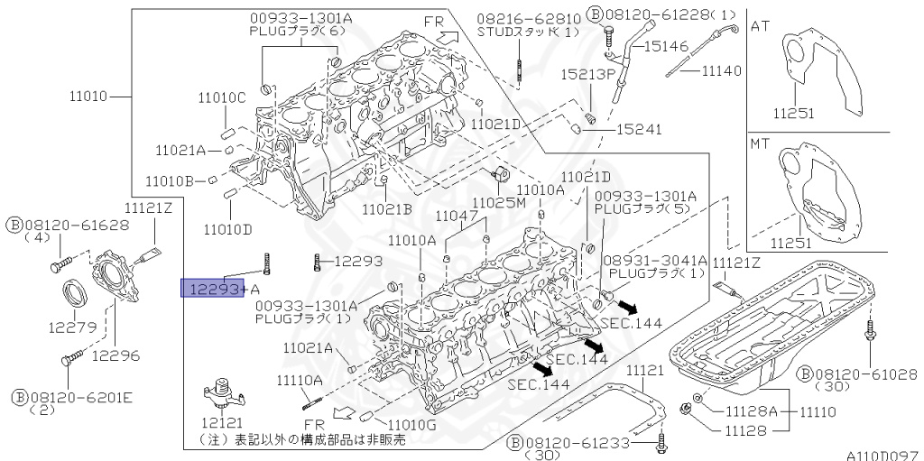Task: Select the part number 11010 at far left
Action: coord(88,94)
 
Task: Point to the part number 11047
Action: coord(456,217)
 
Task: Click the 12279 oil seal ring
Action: coord(73,293)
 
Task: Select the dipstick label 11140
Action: coord(721,69)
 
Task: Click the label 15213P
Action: coord(588,73)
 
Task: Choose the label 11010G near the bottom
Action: coord(411,424)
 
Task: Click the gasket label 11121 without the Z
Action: coord(645,371)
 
